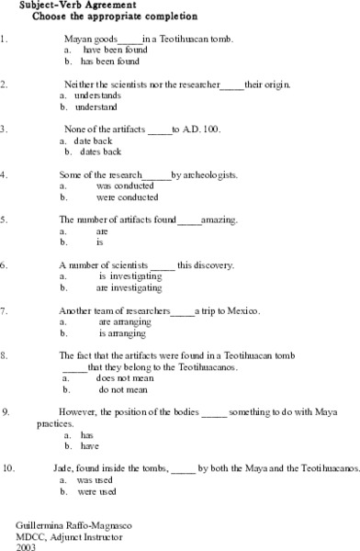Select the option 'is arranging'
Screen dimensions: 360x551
point(117,333)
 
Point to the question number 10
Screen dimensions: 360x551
point(8,467)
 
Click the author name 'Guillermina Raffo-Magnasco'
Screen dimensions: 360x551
point(57,523)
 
